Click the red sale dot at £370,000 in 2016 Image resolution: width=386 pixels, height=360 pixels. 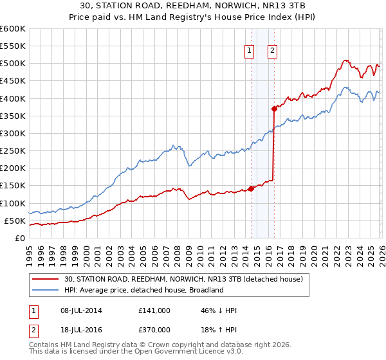[x=274, y=109]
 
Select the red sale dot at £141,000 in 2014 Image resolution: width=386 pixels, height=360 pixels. [x=251, y=189]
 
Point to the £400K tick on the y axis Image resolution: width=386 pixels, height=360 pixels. [x=13, y=98]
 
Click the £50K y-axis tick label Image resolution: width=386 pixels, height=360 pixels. [x=15, y=221]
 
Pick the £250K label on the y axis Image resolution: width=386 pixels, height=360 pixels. [x=13, y=151]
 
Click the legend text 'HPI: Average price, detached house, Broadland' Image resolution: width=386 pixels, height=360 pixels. [x=143, y=290]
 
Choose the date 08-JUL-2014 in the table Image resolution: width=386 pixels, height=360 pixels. [x=78, y=310]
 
